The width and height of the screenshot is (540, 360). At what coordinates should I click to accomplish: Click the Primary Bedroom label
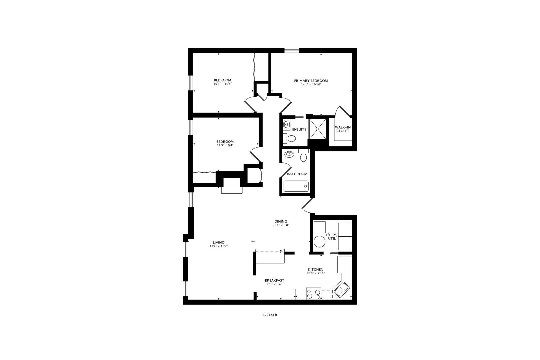(311, 81)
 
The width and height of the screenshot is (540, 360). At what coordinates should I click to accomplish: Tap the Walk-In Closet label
(343, 129)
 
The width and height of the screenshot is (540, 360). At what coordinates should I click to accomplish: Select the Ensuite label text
(299, 129)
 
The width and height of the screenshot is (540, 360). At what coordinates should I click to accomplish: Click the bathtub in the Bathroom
(296, 186)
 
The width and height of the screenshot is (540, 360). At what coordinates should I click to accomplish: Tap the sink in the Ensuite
(286, 125)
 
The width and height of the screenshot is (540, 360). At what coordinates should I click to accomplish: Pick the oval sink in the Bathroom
(289, 155)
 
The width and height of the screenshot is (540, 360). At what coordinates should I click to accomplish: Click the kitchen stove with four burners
(314, 293)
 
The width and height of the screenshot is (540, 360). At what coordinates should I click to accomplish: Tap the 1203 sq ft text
(270, 314)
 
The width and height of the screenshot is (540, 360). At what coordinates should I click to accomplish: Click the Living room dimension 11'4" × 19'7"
(218, 246)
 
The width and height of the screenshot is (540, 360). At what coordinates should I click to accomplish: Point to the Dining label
(281, 221)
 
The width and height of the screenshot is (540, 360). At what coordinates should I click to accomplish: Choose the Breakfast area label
(274, 280)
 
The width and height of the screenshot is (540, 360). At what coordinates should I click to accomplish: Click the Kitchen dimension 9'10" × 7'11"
(315, 273)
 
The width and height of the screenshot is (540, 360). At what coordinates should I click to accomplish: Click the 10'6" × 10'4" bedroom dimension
(222, 84)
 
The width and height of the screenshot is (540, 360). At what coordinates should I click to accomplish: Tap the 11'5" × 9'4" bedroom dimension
(225, 145)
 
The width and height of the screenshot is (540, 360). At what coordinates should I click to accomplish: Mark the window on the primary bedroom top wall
(292, 51)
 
